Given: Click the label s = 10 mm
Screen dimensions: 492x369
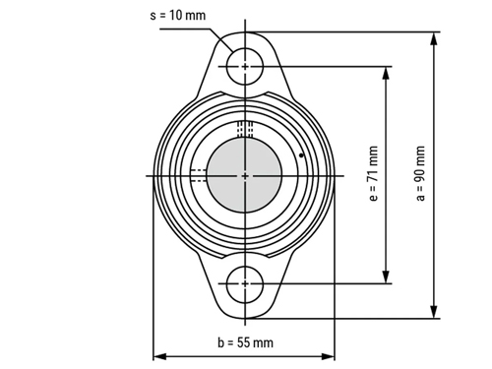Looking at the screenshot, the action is click(x=178, y=16).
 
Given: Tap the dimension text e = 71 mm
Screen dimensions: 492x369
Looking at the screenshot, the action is click(x=373, y=173).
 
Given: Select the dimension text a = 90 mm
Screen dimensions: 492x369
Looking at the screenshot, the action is click(x=420, y=173).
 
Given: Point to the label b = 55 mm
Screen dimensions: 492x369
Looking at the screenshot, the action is click(x=245, y=342).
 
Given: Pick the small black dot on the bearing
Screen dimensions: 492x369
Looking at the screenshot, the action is click(x=301, y=155).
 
